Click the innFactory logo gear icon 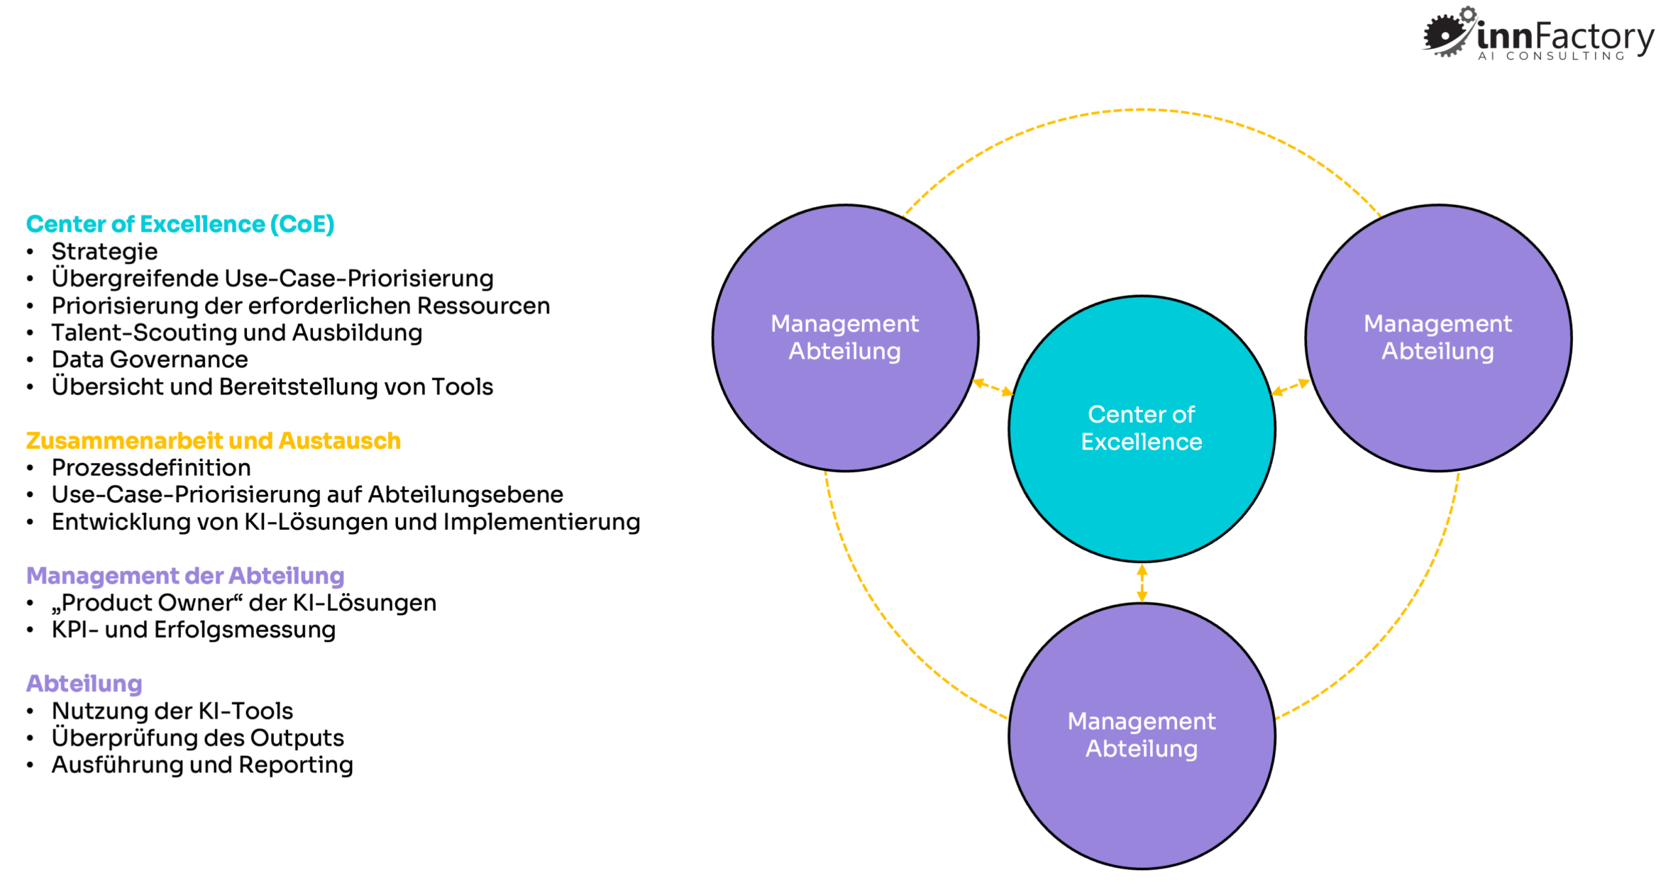click(x=1447, y=33)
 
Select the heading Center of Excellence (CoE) click(x=180, y=224)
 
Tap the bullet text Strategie click(x=105, y=252)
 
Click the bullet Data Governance click(x=150, y=359)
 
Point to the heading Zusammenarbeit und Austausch click(x=213, y=441)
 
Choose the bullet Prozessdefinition click(x=151, y=468)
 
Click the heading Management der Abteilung click(x=185, y=576)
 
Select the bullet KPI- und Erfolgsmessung click(x=193, y=630)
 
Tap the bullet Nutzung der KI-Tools click(x=173, y=711)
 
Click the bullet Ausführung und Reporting click(x=203, y=765)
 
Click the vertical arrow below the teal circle click(x=1142, y=583)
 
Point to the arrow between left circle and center click(x=993, y=387)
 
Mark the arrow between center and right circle click(x=1290, y=387)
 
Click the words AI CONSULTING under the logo click(x=1551, y=57)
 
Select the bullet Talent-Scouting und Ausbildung click(x=237, y=333)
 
